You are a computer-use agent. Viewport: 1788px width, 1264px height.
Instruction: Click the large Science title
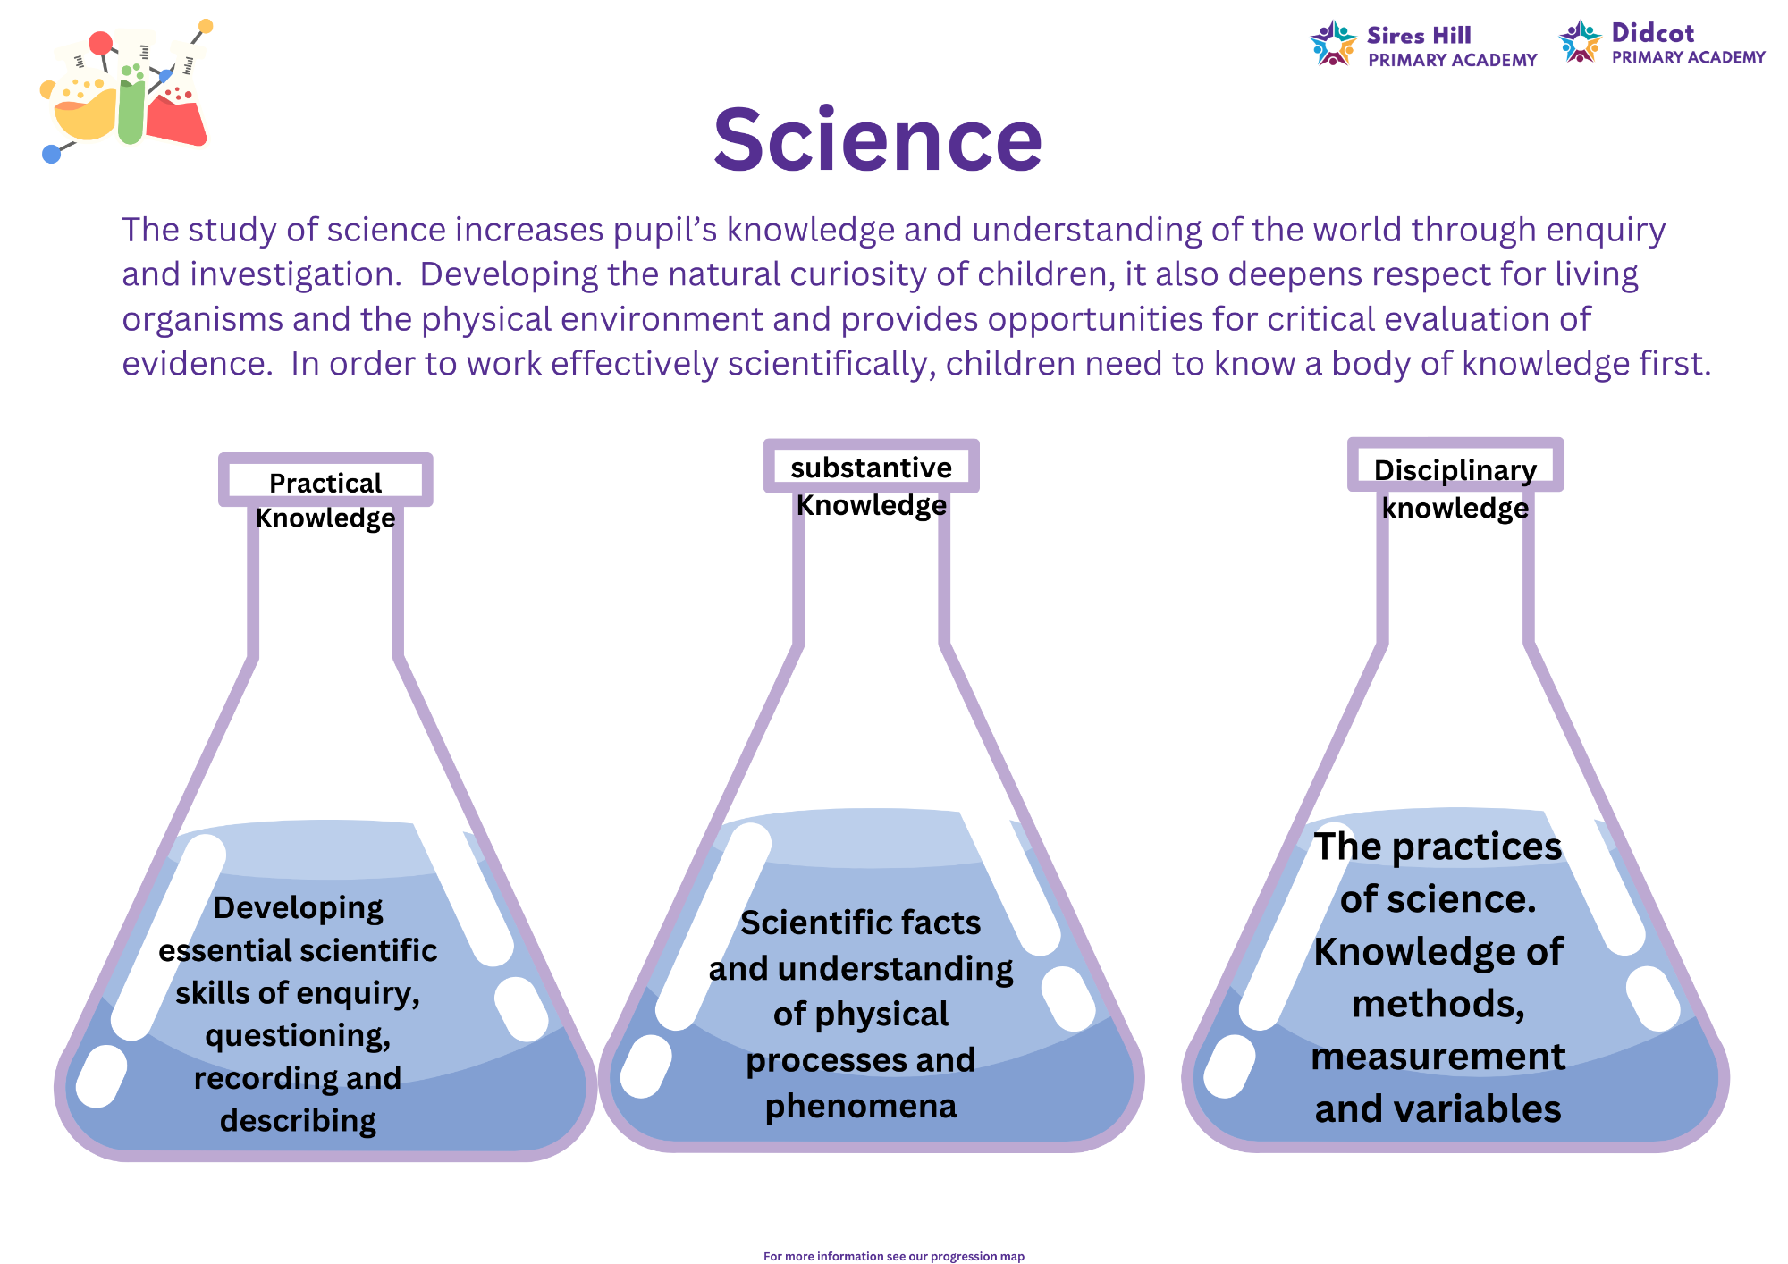point(878,140)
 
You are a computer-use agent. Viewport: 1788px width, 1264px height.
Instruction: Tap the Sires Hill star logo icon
point(1333,43)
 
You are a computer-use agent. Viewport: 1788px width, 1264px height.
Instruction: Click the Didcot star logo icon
point(1580,41)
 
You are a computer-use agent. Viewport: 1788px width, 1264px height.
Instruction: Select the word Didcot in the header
point(1652,33)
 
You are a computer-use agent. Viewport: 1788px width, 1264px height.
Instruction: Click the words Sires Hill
point(1419,36)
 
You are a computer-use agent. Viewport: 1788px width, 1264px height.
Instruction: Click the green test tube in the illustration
point(131,103)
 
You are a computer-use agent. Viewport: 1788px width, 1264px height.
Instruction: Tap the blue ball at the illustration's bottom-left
point(52,154)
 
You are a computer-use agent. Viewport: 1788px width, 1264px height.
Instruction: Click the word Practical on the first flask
point(325,483)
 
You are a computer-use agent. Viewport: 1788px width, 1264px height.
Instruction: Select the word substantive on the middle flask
point(872,468)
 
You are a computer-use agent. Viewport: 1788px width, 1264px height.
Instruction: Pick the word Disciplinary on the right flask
point(1455,470)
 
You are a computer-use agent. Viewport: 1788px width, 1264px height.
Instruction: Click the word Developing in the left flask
point(298,908)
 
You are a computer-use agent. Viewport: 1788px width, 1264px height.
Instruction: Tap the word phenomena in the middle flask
point(861,1107)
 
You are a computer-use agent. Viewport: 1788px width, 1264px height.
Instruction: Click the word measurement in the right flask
point(1438,1057)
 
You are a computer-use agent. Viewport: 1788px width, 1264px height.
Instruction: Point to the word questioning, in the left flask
point(298,1036)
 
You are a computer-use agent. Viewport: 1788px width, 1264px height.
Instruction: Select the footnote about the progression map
point(894,1256)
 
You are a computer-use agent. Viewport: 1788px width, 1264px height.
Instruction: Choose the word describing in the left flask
point(298,1121)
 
